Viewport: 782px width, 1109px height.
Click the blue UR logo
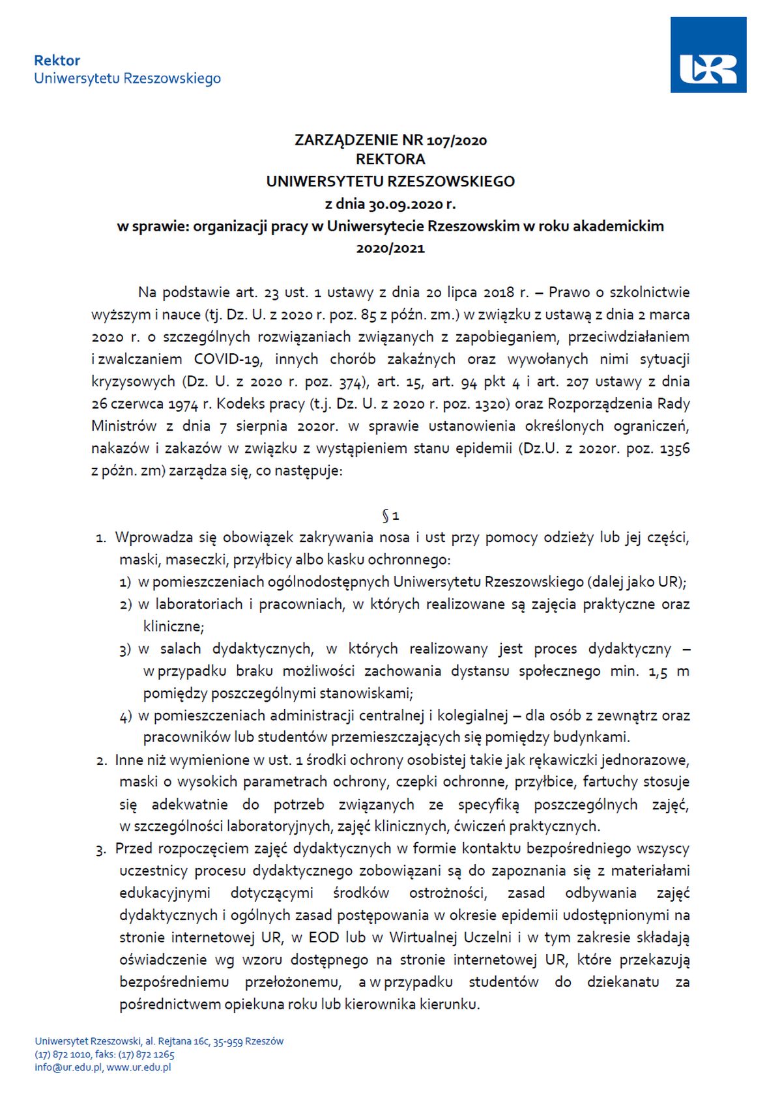pos(708,55)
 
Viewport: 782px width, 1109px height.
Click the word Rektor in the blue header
pos(57,61)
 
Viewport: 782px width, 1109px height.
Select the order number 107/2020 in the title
pos(457,140)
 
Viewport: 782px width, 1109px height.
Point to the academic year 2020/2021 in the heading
pos(390,248)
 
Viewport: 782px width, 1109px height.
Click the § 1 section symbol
pos(390,516)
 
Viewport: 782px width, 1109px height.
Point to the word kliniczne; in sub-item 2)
pos(174,626)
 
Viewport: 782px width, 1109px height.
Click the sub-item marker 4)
pos(126,716)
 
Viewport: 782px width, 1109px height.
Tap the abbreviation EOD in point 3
pos(324,938)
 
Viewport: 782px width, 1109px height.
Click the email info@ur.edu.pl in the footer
pos(68,1067)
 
